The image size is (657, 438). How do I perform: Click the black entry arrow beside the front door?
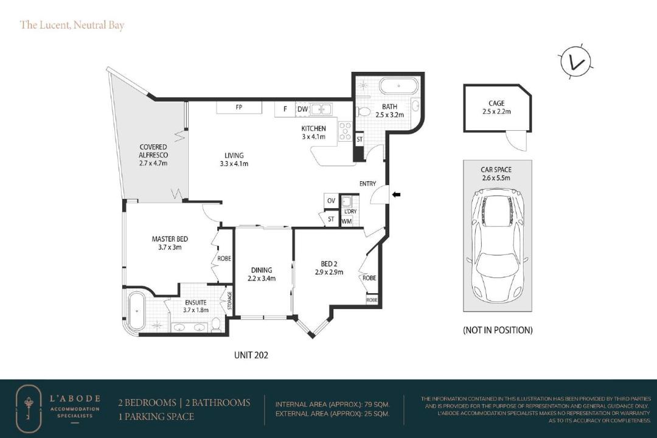point(397,194)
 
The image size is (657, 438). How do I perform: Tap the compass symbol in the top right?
point(575,61)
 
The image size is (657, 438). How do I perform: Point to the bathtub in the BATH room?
point(399,86)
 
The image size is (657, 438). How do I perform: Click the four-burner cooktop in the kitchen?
point(346,131)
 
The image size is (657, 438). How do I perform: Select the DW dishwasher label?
point(302,109)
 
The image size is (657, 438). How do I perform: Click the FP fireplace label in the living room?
point(239,107)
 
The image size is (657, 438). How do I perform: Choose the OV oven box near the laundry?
point(331,201)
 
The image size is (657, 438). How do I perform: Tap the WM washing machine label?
point(347,221)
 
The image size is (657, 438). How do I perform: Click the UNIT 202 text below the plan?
point(251,355)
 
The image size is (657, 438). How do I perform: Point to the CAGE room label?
point(496,103)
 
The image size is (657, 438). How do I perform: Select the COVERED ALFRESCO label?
point(153,151)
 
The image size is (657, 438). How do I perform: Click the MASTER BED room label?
point(170,239)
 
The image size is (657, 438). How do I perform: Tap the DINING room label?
point(262,270)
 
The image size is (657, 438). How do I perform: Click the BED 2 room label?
point(329,263)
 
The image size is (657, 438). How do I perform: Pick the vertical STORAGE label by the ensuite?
point(229,301)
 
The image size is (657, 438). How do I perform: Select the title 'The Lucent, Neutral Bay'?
point(72,25)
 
